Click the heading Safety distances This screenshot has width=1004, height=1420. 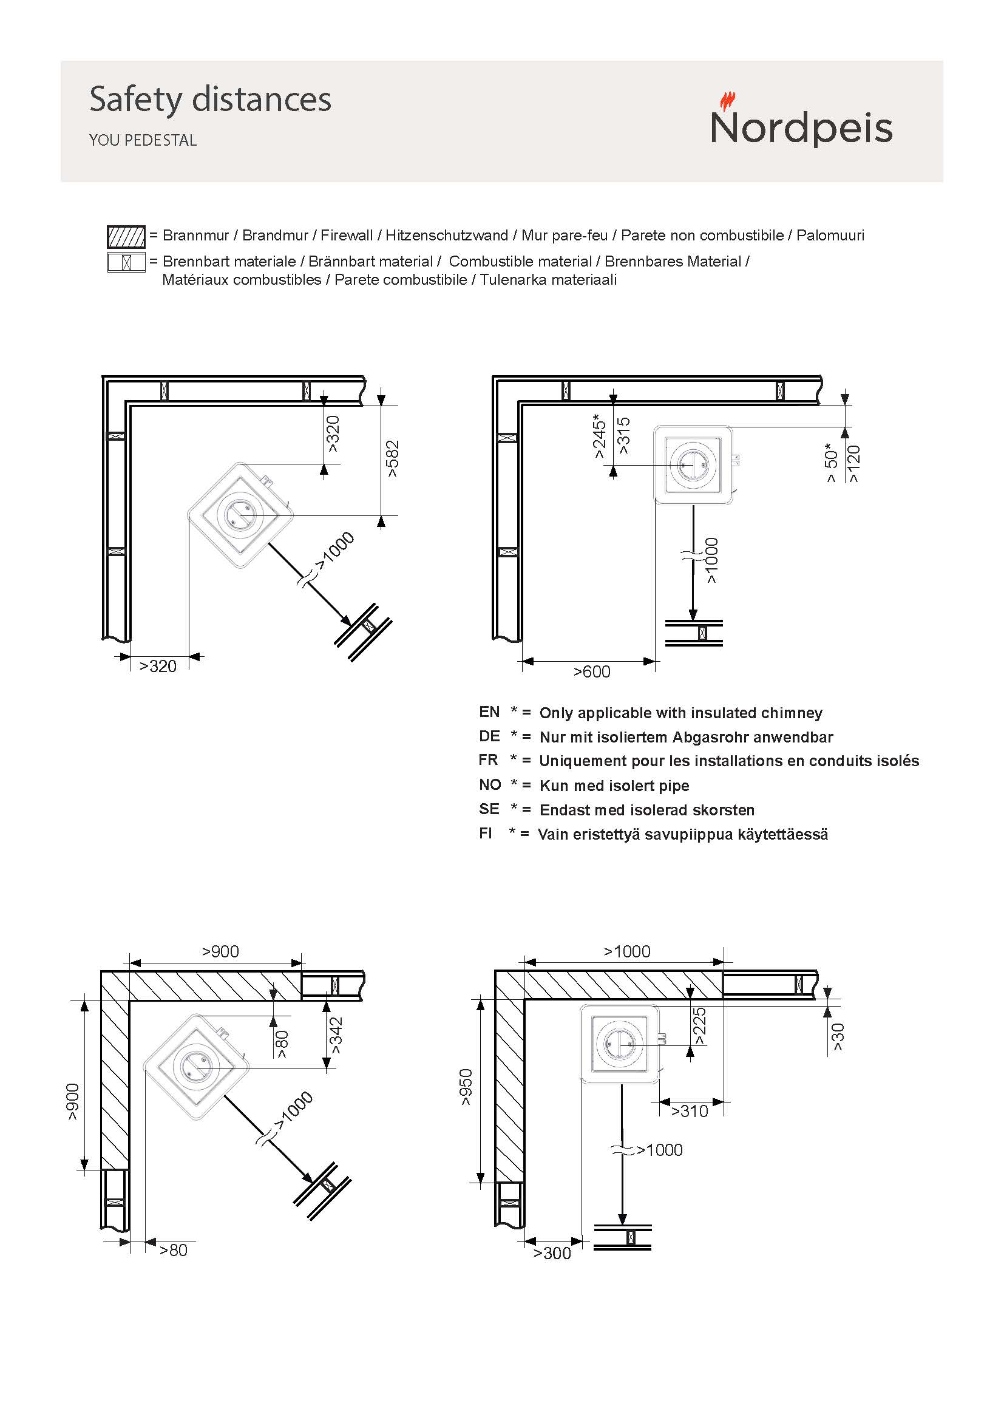(210, 99)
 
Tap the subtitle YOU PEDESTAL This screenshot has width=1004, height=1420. (143, 140)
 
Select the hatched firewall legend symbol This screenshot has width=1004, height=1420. (126, 237)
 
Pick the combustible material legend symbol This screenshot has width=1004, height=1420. (126, 262)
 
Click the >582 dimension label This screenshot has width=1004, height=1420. (392, 458)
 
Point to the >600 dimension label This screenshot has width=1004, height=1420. (592, 671)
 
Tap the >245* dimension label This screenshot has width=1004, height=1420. (599, 436)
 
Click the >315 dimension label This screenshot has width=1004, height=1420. (623, 435)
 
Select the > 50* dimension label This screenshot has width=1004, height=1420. (832, 463)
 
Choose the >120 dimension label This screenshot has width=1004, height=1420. (854, 464)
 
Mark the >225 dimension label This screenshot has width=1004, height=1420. (699, 1026)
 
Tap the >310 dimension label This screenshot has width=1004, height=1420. (690, 1112)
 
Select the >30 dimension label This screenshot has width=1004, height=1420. (838, 1036)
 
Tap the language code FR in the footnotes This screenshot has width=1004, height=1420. (489, 760)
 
